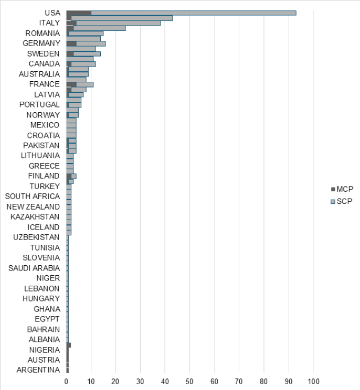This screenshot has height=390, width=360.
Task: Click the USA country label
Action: click(52, 13)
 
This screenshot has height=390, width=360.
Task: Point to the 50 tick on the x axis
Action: click(190, 381)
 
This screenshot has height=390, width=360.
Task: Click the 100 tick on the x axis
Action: click(314, 381)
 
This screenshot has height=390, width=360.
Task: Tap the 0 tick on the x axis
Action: click(67, 381)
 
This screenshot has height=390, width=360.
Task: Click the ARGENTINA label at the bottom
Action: click(38, 370)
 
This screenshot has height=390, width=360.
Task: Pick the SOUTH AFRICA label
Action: click(32, 197)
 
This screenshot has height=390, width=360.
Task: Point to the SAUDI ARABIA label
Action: click(34, 268)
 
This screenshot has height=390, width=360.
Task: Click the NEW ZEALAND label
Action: click(33, 207)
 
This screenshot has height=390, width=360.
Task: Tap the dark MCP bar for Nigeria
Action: click(69, 345)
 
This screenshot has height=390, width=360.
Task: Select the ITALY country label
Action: click(49, 23)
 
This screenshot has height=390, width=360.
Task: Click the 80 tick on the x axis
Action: click(264, 381)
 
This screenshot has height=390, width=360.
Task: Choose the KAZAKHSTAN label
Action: click(35, 217)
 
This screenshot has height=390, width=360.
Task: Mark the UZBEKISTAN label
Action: click(36, 237)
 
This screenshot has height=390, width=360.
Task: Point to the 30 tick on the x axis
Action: click(141, 381)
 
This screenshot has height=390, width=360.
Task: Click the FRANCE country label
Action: click(45, 84)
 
